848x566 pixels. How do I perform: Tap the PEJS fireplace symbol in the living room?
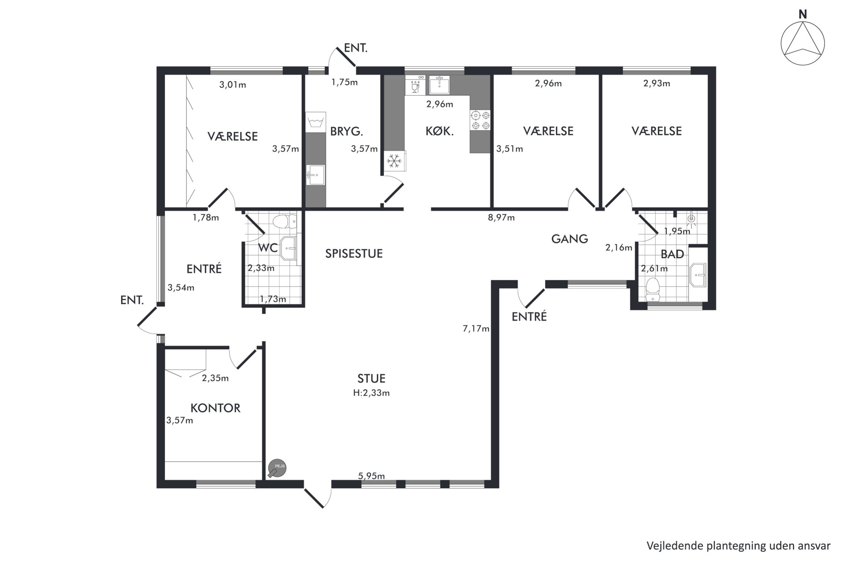277,469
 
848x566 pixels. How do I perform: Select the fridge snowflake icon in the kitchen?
394,161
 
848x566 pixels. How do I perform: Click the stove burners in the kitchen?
480,120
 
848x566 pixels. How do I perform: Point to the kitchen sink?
439,85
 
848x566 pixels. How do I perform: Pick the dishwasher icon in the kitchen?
415,85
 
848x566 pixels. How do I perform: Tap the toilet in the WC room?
285,222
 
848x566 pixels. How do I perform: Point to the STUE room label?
371,378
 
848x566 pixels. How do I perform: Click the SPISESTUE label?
354,253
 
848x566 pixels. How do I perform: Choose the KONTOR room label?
215,408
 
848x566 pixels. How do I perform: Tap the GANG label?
569,239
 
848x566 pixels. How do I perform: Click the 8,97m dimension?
501,217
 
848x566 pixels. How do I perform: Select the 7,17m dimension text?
476,329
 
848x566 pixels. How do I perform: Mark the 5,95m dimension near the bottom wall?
371,476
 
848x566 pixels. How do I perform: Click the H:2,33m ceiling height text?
371,393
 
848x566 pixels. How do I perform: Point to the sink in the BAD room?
698,275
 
